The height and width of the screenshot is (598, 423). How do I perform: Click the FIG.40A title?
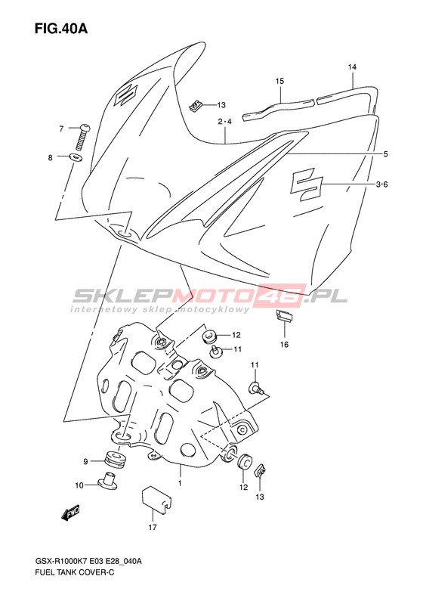[x=61, y=28]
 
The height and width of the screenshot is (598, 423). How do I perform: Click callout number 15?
[x=280, y=81]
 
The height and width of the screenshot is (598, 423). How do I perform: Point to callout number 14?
[x=352, y=67]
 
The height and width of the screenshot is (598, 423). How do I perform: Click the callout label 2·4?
[x=225, y=122]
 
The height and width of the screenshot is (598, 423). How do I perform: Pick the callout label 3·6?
[x=381, y=184]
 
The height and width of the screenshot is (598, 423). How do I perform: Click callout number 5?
[x=386, y=154]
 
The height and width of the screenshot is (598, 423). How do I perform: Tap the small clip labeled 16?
[x=284, y=317]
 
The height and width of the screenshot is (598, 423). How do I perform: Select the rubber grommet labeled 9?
[x=116, y=458]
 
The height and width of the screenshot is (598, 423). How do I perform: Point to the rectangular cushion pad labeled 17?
[x=156, y=499]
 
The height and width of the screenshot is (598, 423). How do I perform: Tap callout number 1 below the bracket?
[x=181, y=484]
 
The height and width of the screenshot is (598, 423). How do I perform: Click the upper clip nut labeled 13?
[x=195, y=105]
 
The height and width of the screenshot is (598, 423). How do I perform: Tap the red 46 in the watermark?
[x=284, y=295]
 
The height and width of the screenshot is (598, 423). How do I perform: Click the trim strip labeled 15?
[x=278, y=108]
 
